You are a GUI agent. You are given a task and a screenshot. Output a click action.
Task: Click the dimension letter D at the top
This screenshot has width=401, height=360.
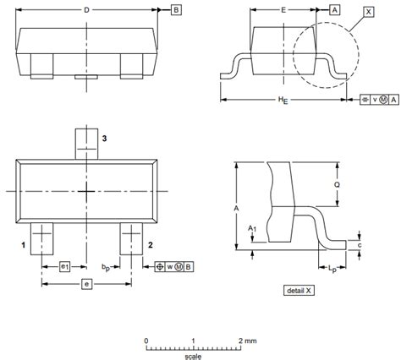87,9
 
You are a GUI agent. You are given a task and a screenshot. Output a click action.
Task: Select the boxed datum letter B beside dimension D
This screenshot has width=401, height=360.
175,10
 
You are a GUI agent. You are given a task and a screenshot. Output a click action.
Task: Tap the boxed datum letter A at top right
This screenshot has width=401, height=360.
334,10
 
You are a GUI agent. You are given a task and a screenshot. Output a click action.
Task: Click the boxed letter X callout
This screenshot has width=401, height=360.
367,13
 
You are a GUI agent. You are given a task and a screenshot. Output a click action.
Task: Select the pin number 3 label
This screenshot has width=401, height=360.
104,138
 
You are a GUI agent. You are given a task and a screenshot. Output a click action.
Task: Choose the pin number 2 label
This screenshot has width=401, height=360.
150,244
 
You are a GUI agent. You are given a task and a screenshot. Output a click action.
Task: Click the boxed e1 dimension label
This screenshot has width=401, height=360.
65,267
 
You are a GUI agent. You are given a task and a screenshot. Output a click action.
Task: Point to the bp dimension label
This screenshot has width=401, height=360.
106,267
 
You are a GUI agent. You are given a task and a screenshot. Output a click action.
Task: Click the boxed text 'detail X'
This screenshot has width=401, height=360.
300,291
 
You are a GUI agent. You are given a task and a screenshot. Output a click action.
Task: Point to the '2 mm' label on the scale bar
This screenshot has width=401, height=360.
246,340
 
